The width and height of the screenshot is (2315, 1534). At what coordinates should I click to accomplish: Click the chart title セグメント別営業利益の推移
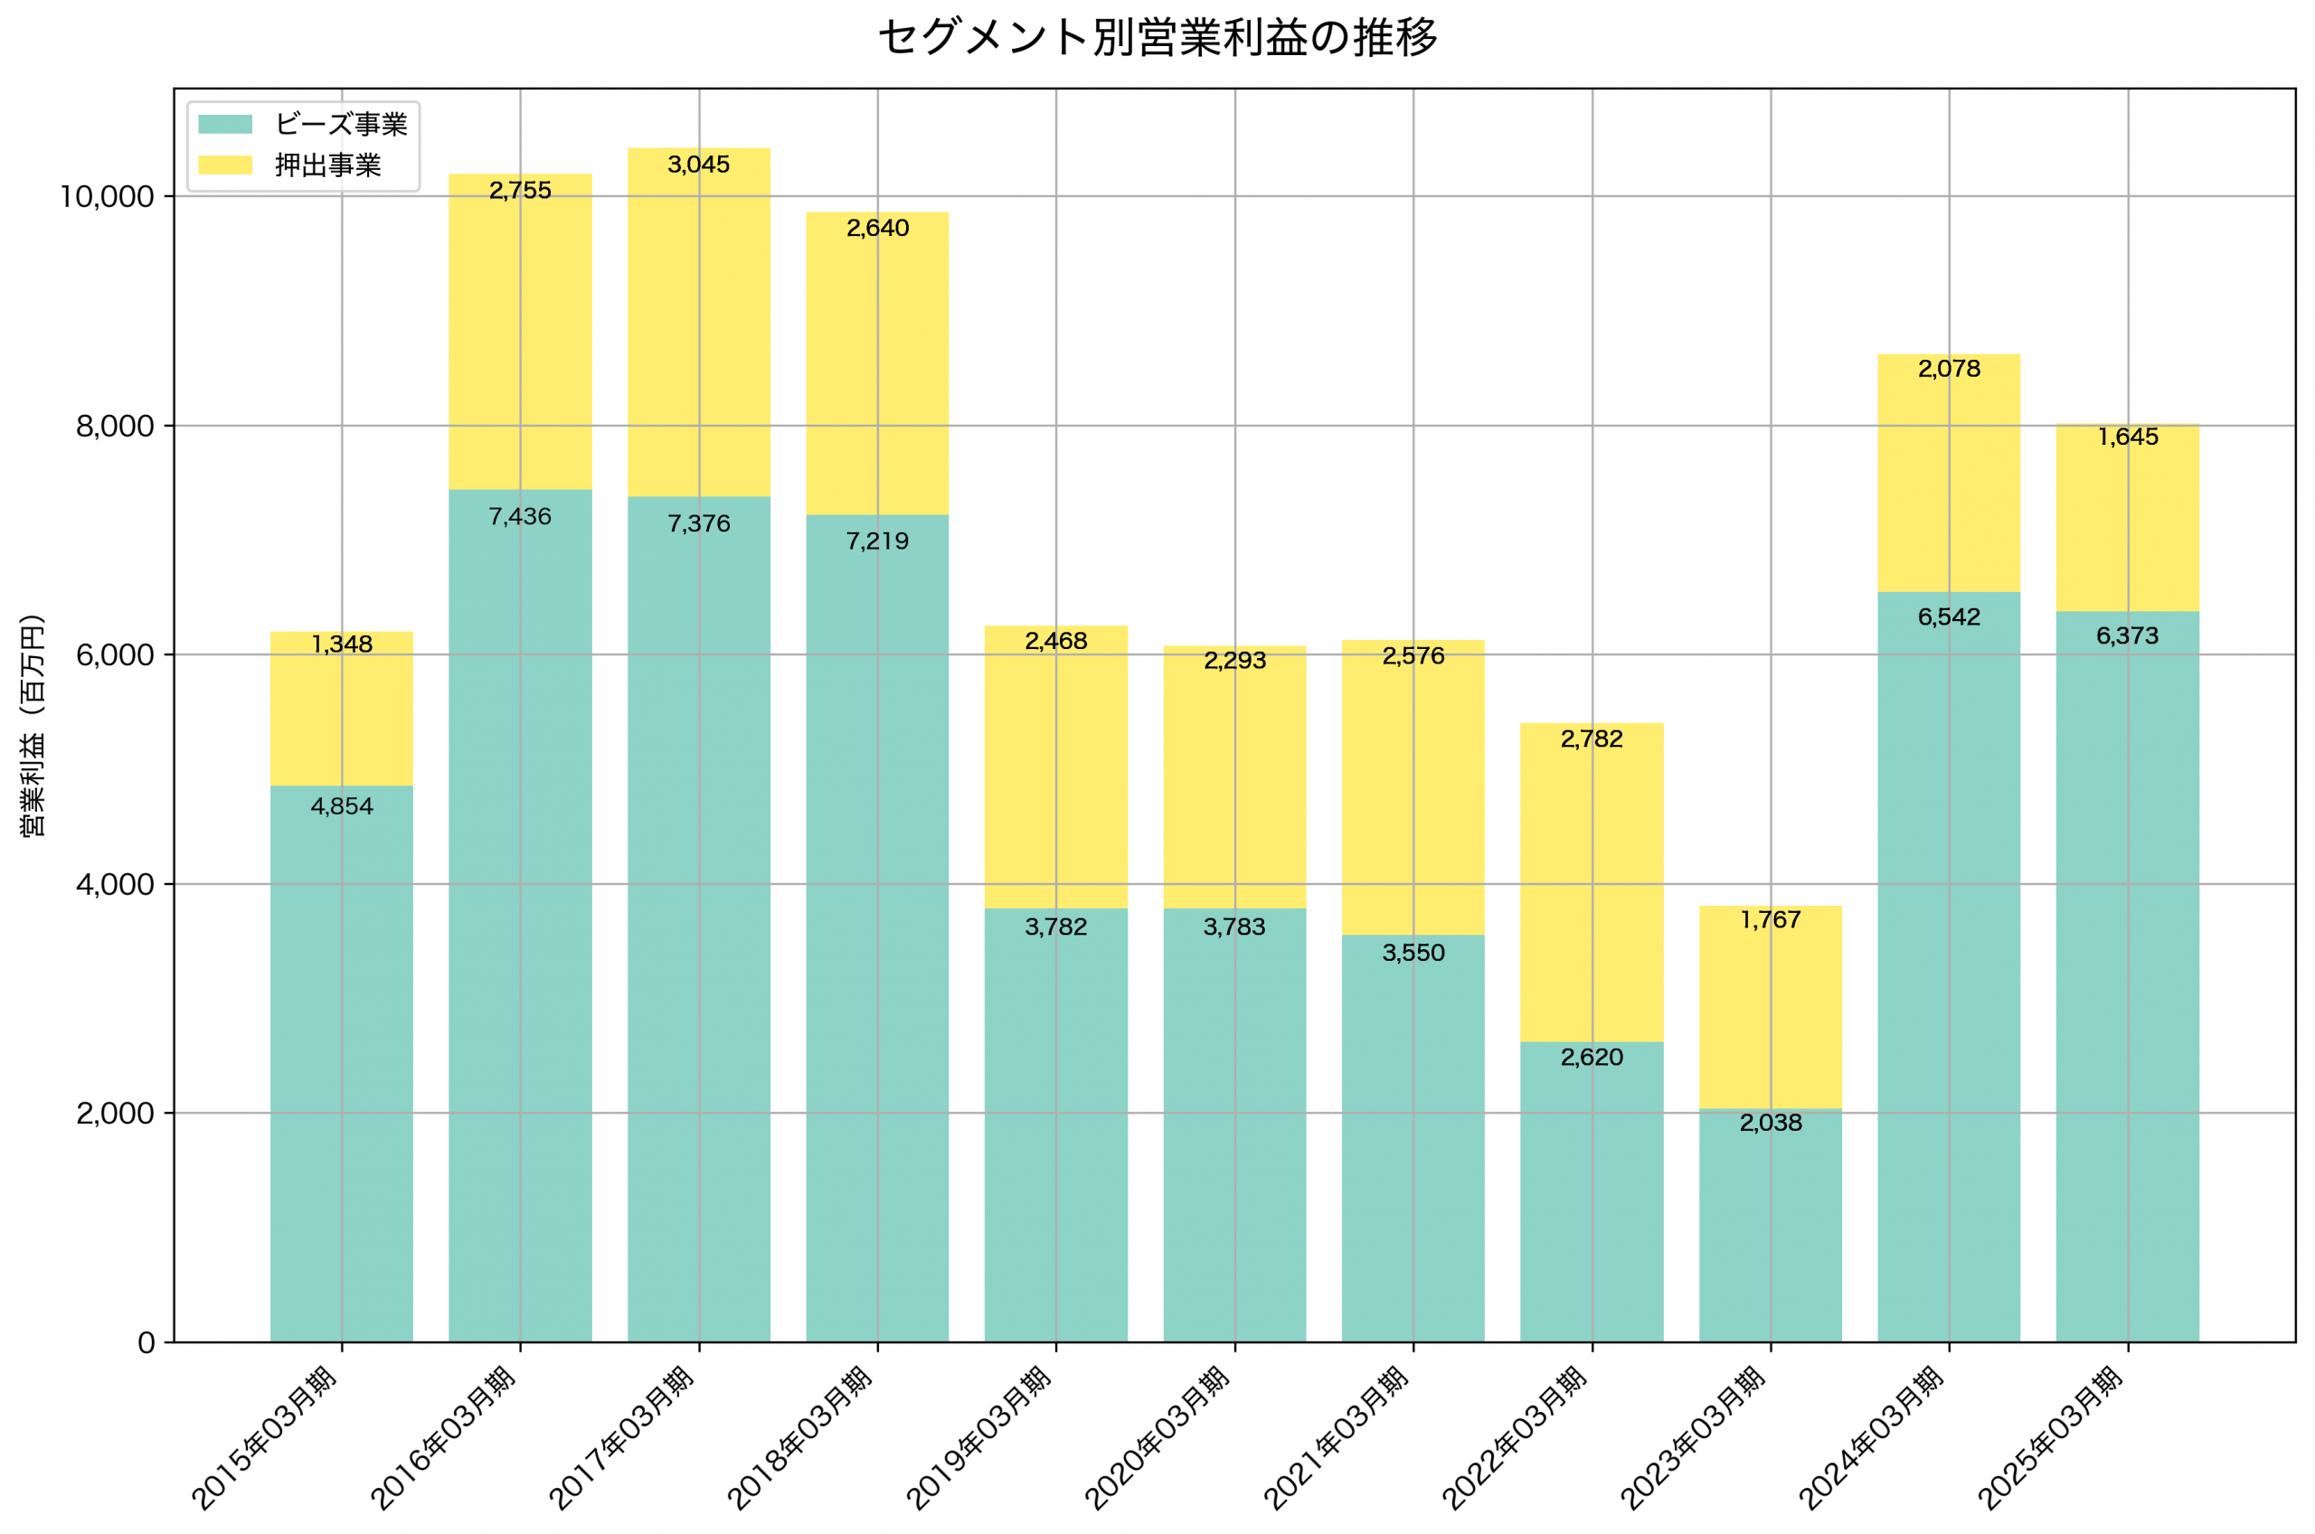1157,38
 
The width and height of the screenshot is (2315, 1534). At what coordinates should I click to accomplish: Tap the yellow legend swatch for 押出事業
225,165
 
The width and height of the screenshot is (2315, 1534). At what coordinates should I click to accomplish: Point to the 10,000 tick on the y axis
108,197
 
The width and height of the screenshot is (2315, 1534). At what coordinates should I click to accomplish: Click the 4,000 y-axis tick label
116,884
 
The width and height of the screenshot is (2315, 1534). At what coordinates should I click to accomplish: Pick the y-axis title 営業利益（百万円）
33,725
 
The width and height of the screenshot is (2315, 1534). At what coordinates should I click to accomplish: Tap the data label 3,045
699,165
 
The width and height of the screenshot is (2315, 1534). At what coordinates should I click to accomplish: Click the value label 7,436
520,516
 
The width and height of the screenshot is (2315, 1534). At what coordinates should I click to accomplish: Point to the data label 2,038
1770,1122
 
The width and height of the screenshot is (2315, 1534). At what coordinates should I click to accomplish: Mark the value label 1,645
2127,438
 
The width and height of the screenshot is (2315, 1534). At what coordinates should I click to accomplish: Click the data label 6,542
1948,617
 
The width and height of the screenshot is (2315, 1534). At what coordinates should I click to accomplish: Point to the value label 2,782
1591,739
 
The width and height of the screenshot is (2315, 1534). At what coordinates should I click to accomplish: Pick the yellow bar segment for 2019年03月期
1055,773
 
